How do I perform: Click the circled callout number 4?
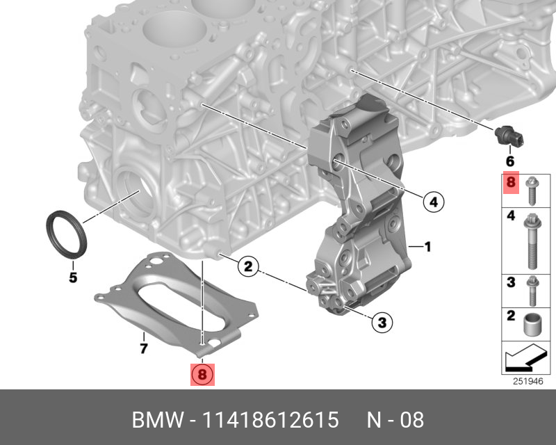point(434,202)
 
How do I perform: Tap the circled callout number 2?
point(248,266)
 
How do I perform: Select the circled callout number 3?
point(382,322)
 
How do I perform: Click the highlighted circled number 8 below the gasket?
point(202,374)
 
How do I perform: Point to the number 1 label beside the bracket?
point(427,246)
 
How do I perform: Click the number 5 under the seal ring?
point(73,277)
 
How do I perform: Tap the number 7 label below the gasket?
point(143,348)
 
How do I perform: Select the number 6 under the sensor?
point(510,161)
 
